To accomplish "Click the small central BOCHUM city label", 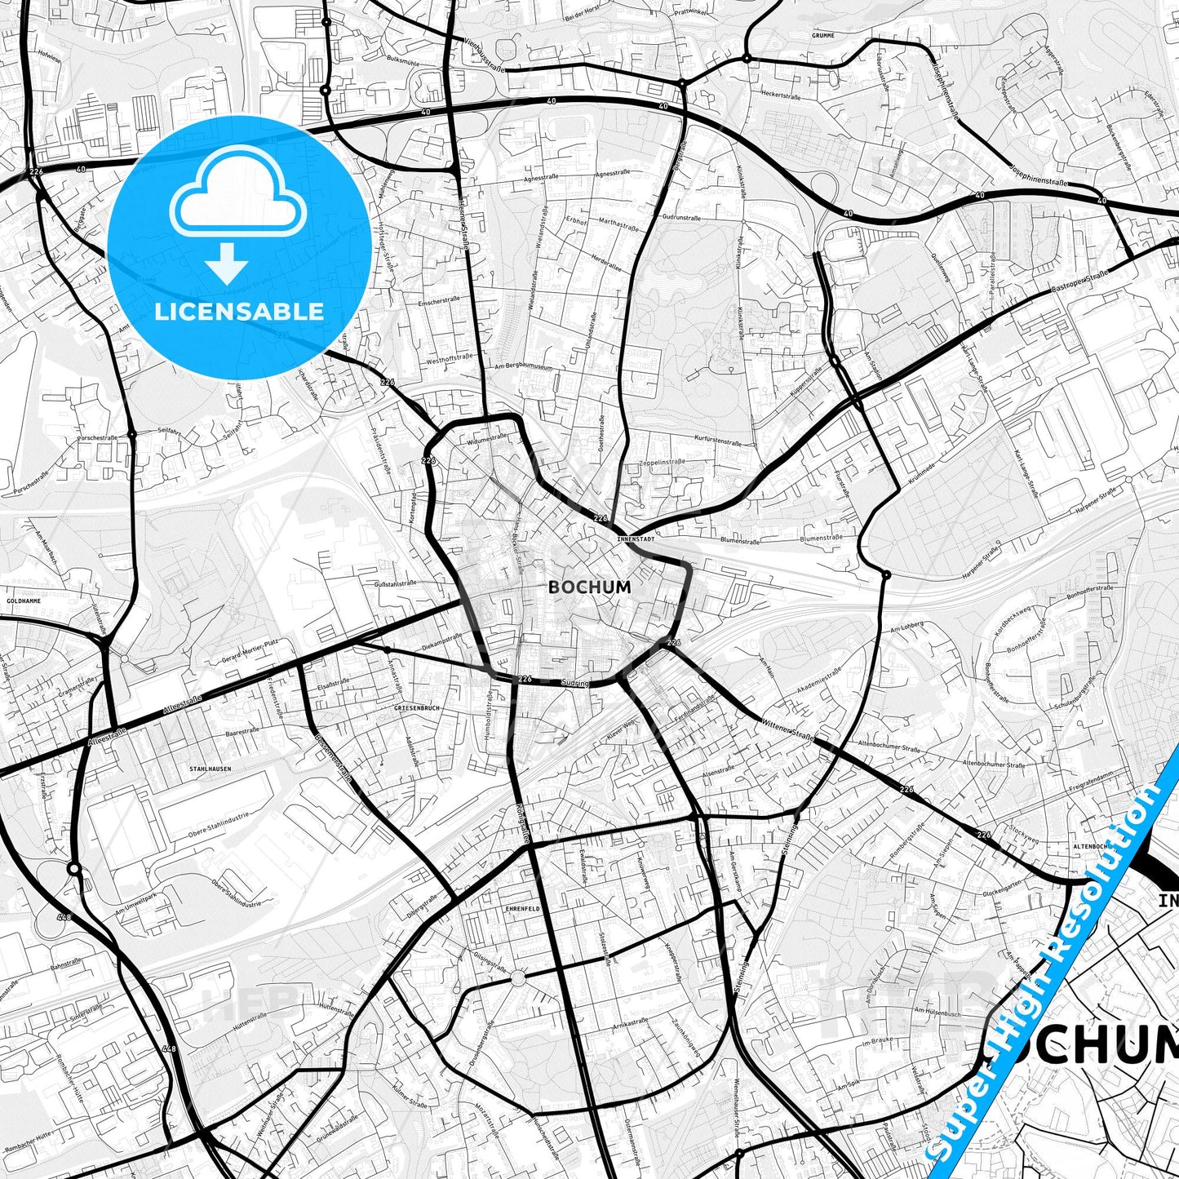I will pyautogui.click(x=578, y=586).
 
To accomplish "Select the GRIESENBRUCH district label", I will pyautogui.click(x=416, y=708).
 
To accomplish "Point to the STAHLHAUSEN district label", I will pyautogui.click(x=210, y=769).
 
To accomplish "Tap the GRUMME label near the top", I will pyautogui.click(x=822, y=36).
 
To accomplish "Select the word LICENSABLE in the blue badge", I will pyautogui.click(x=238, y=311).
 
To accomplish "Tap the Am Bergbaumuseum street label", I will pyautogui.click(x=524, y=368).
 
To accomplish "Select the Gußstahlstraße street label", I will pyautogui.click(x=395, y=583).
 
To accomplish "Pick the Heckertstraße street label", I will pyautogui.click(x=779, y=95).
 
